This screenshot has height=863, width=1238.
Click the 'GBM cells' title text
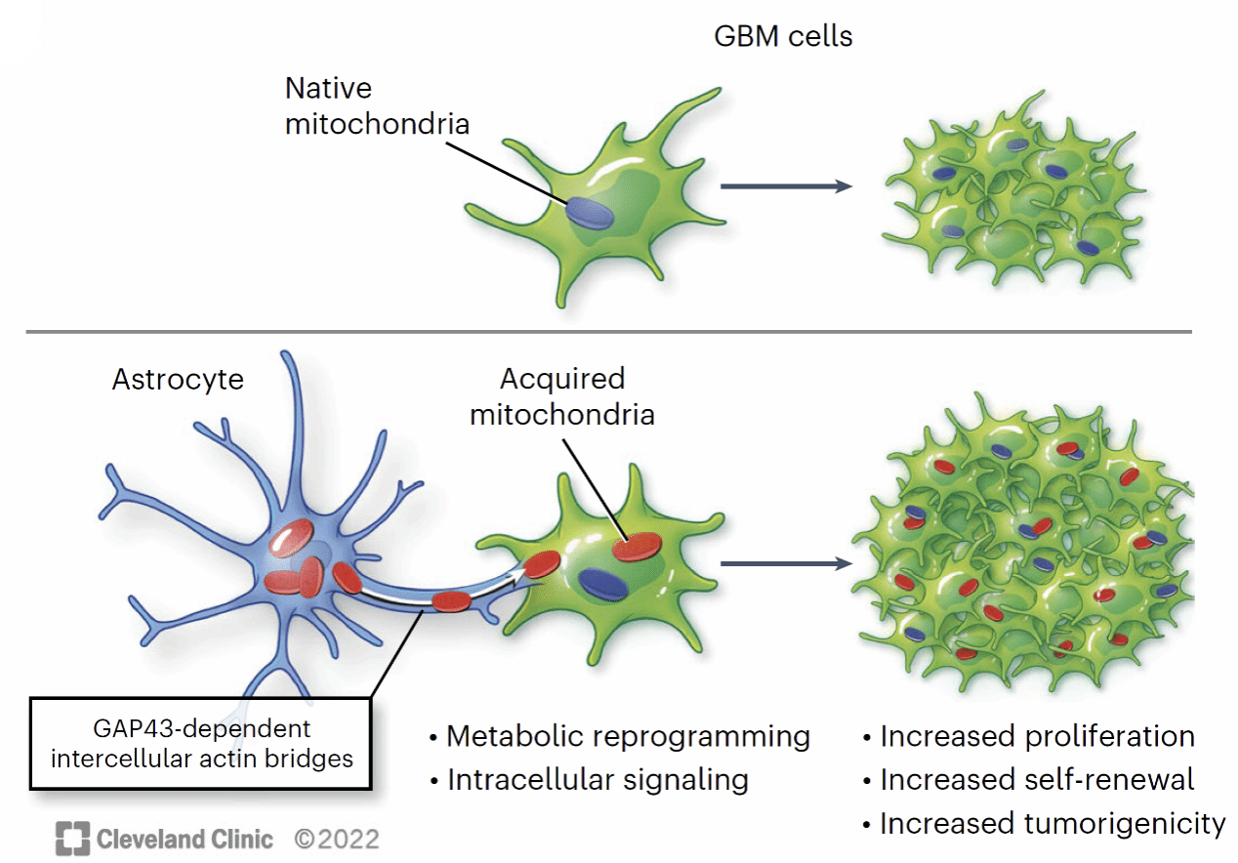point(783,37)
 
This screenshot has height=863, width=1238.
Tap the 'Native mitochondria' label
point(377,106)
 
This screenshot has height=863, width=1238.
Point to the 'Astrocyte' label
point(178,379)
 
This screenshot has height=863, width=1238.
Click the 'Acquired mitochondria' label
point(561,395)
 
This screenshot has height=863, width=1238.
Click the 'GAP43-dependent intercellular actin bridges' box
point(201,743)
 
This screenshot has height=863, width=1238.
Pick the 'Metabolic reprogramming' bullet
point(620,736)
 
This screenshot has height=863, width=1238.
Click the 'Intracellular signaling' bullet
point(589,780)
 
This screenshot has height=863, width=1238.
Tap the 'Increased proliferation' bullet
point(1029,736)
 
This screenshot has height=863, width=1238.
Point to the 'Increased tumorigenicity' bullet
point(1044,824)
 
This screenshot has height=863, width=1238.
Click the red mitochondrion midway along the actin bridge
point(451,600)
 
